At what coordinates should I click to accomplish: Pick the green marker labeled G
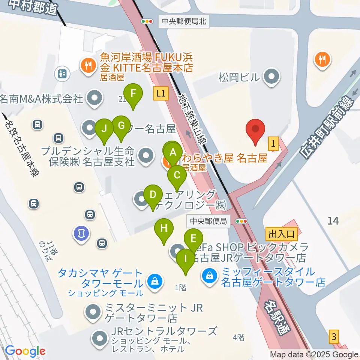click(121, 126)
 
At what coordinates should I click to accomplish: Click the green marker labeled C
click(177, 175)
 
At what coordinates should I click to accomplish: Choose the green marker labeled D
click(153, 195)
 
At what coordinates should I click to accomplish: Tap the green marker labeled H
click(164, 229)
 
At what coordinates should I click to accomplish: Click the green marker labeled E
click(193, 239)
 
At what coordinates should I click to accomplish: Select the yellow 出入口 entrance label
click(281, 234)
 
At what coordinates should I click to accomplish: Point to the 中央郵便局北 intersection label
click(184, 21)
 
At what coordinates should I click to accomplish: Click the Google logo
click(25, 351)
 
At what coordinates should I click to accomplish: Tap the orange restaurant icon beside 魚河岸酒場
click(88, 66)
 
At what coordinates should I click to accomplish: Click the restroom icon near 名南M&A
click(63, 73)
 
